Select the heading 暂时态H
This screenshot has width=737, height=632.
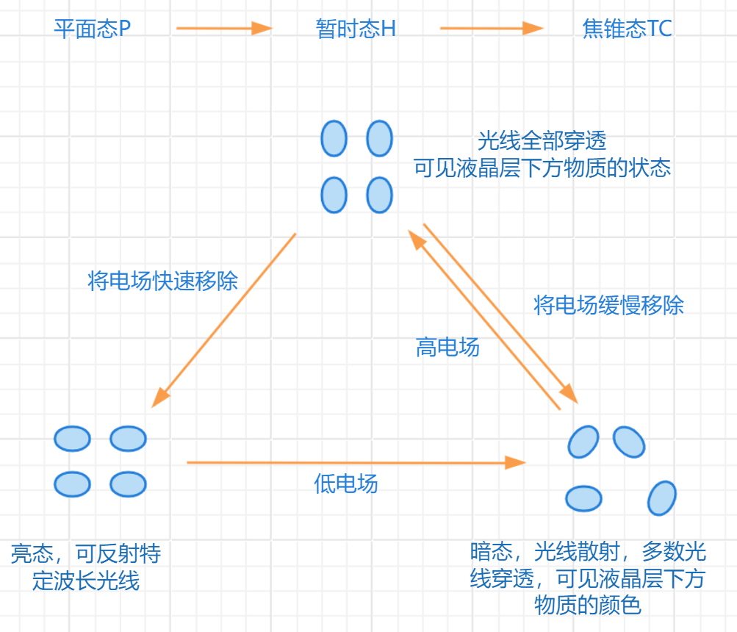point(356,29)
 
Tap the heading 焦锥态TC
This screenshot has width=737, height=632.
point(627,29)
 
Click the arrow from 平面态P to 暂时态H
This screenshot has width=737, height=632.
point(224,29)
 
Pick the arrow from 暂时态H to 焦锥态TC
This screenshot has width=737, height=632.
point(492,29)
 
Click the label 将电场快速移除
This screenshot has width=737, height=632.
point(162,281)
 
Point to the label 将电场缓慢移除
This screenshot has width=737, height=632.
point(608,305)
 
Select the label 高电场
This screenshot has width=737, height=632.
point(447,347)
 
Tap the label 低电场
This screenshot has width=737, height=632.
point(345,483)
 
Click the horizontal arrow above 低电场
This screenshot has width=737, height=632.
point(356,462)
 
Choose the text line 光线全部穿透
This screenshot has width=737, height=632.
point(542,140)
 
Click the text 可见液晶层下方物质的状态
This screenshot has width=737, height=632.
point(542,168)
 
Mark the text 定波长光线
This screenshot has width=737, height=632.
point(86,581)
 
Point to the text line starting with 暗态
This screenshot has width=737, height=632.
point(588,551)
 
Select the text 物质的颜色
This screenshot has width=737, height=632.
point(588,606)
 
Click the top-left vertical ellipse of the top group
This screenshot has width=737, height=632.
point(334,138)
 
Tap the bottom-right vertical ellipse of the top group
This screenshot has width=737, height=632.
point(379,195)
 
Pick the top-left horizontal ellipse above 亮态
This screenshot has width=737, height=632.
point(72,439)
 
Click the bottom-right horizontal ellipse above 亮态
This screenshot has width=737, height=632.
point(128,484)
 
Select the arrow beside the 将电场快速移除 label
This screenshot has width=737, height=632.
point(224,320)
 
